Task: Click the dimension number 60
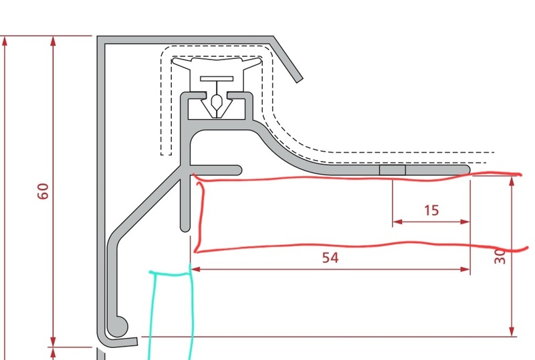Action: (43, 191)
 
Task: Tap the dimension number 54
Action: (330, 258)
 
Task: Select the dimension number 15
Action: (431, 210)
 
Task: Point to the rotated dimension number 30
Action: (500, 256)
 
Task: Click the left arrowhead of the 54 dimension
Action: (195, 270)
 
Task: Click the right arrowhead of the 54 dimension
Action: (465, 270)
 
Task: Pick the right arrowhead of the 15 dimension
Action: (465, 222)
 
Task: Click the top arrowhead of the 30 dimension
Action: (512, 181)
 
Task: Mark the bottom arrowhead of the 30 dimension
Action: (512, 331)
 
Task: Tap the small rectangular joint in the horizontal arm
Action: (393, 170)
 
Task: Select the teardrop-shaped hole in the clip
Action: (217, 102)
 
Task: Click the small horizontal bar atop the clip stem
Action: (217, 79)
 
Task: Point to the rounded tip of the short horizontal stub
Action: (239, 170)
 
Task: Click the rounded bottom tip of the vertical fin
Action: (185, 228)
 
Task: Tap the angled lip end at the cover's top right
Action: (299, 80)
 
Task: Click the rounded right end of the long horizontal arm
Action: (466, 170)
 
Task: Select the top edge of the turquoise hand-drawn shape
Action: (170, 273)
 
